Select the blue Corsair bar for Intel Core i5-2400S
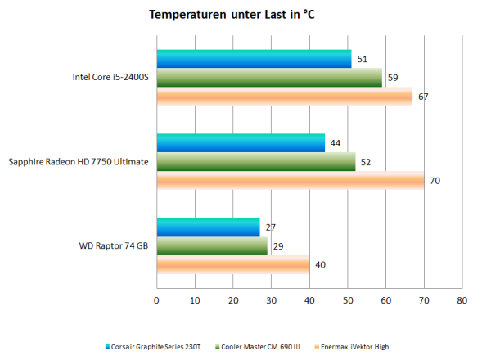[254, 59]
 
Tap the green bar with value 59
[269, 78]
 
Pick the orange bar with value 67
[285, 97]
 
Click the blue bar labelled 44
[241, 142]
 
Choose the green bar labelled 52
[256, 162]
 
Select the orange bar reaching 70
[291, 181]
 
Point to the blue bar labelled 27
[208, 227]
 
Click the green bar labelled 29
[212, 245]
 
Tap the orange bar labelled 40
[233, 265]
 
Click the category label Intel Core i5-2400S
[110, 79]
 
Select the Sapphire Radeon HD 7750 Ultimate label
[79, 162]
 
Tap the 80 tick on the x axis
[462, 300]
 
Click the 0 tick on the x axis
[156, 300]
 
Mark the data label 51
[362, 59]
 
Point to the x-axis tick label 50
[348, 300]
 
